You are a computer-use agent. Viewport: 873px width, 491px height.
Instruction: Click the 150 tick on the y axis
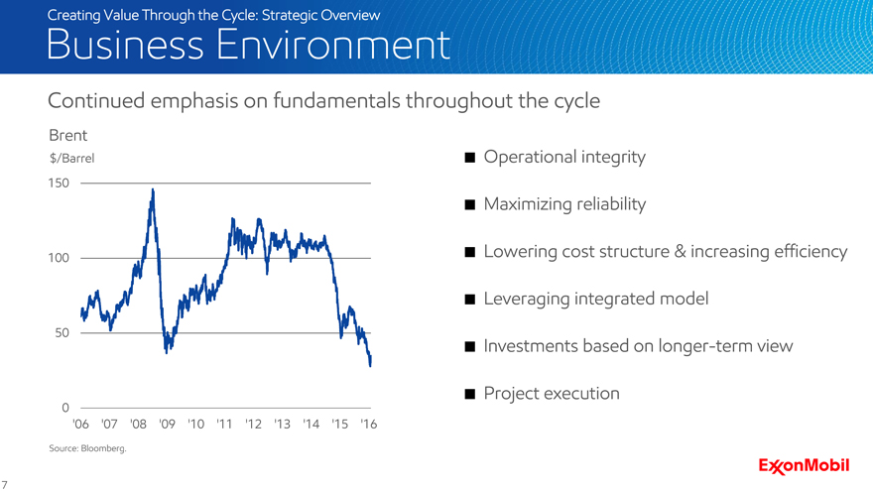click(60, 184)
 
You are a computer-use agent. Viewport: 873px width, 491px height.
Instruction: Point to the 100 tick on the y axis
click(60, 259)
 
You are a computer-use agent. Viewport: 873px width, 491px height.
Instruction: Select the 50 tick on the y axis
click(62, 333)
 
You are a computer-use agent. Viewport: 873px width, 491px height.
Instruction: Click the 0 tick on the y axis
click(64, 408)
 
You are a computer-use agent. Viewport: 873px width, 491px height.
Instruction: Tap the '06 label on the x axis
click(82, 425)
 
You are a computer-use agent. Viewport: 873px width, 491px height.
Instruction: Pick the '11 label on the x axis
click(223, 425)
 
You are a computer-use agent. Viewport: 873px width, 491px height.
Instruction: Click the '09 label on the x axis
click(167, 425)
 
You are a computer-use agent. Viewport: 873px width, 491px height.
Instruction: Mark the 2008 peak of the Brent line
click(152, 189)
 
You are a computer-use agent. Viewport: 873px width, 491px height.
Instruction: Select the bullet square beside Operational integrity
click(469, 158)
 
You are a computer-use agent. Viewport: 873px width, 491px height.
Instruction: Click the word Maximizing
click(529, 205)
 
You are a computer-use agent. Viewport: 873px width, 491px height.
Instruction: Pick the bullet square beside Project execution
click(469, 394)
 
